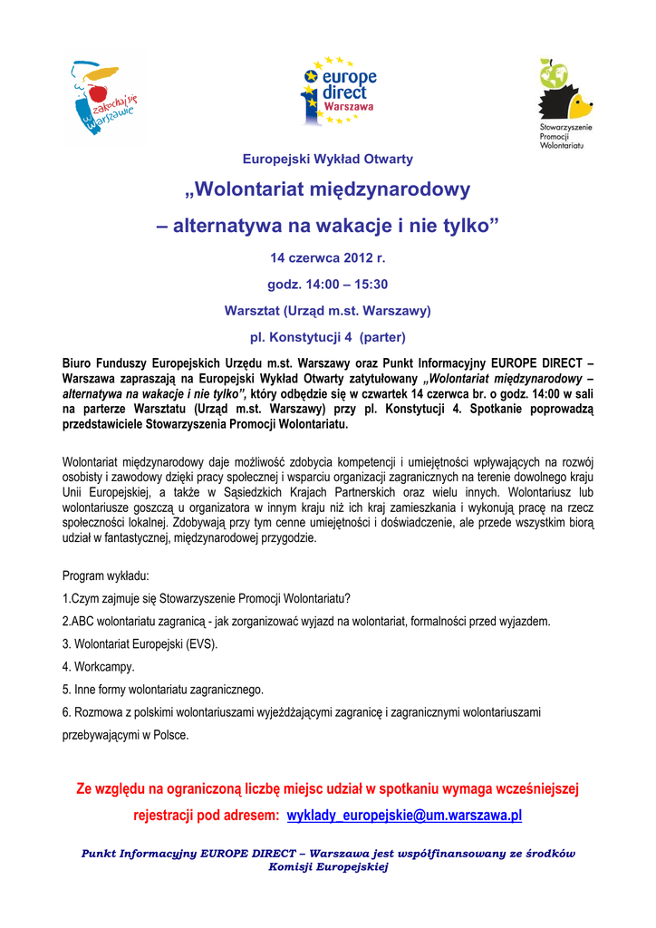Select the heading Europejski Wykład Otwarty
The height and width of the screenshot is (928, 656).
(x=328, y=159)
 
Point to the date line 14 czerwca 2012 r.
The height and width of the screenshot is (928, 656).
(x=327, y=257)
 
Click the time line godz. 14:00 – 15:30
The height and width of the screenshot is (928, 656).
(x=327, y=284)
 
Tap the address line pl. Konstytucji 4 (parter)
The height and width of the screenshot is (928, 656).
(x=327, y=337)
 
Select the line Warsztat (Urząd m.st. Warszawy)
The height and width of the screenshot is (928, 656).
(x=327, y=311)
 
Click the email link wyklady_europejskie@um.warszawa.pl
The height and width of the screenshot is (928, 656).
(x=404, y=816)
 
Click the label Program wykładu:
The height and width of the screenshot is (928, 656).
(x=106, y=576)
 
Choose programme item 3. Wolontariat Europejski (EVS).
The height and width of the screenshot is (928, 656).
(x=140, y=644)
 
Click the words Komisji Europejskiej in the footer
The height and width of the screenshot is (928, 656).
(x=328, y=867)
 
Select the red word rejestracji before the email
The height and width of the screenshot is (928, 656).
(x=170, y=816)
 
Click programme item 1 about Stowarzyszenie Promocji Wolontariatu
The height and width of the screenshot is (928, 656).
(x=206, y=599)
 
